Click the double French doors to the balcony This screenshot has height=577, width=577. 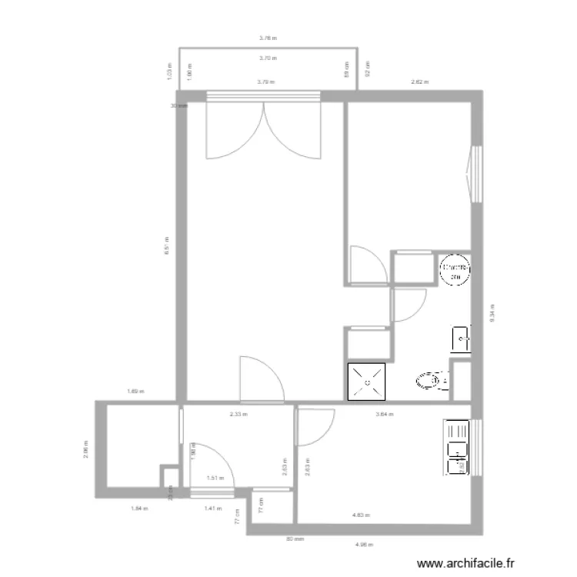(263, 129)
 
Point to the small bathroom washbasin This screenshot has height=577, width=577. (460, 337)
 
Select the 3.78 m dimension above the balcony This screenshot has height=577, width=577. (267, 37)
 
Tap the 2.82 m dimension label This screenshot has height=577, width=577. (419, 82)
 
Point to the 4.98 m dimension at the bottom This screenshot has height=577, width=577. (363, 545)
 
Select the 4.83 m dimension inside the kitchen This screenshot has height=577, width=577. (361, 515)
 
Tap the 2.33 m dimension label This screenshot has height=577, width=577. (238, 414)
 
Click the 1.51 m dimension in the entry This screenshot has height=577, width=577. (215, 478)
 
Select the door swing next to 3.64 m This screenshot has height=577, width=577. (315, 427)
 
